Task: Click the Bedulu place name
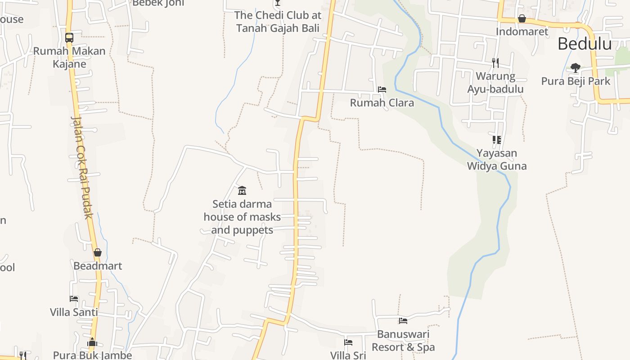585,44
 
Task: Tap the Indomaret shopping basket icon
522,19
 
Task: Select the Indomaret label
522,31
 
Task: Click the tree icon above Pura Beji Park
575,68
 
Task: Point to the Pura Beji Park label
576,81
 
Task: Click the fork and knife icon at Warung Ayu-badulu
495,63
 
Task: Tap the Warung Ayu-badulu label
495,82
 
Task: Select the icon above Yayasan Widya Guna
496,140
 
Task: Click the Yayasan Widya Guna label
496,159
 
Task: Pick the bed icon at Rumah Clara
382,90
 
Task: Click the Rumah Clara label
382,103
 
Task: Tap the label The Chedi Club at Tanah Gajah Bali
277,22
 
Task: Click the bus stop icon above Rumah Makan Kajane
69,38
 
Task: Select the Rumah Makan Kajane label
69,57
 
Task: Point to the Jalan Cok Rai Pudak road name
83,167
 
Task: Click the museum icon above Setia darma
242,190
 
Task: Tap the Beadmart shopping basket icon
98,253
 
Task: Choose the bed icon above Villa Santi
74,299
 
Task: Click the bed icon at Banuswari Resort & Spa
403,321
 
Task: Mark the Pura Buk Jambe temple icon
92,342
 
